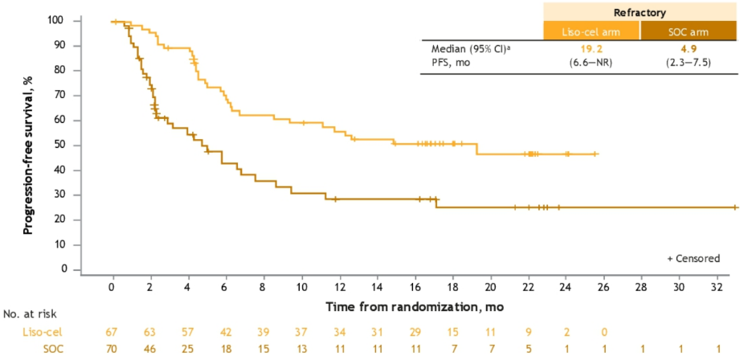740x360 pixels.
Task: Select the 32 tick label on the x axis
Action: pos(718,287)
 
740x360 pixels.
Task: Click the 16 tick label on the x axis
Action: pos(415,287)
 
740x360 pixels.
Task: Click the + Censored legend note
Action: pos(693,258)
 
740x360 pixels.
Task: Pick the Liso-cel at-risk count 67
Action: pos(112,331)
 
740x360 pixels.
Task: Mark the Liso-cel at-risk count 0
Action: pos(603,331)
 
